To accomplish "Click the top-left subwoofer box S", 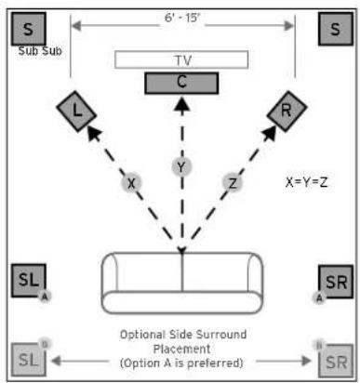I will (x=30, y=29).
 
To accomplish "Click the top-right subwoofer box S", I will (x=335, y=29).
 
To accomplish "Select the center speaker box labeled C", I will (x=182, y=82).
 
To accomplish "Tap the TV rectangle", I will (x=182, y=59).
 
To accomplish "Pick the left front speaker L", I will (x=77, y=112).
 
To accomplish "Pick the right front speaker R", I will (x=285, y=112).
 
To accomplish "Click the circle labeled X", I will (x=132, y=183).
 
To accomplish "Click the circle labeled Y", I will (x=182, y=167).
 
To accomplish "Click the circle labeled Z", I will (x=232, y=183).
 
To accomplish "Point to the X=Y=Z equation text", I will (x=307, y=183).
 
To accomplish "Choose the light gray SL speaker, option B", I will (x=29, y=358).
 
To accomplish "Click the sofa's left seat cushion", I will (x=144, y=279).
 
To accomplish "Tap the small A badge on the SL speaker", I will (x=44, y=297).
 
